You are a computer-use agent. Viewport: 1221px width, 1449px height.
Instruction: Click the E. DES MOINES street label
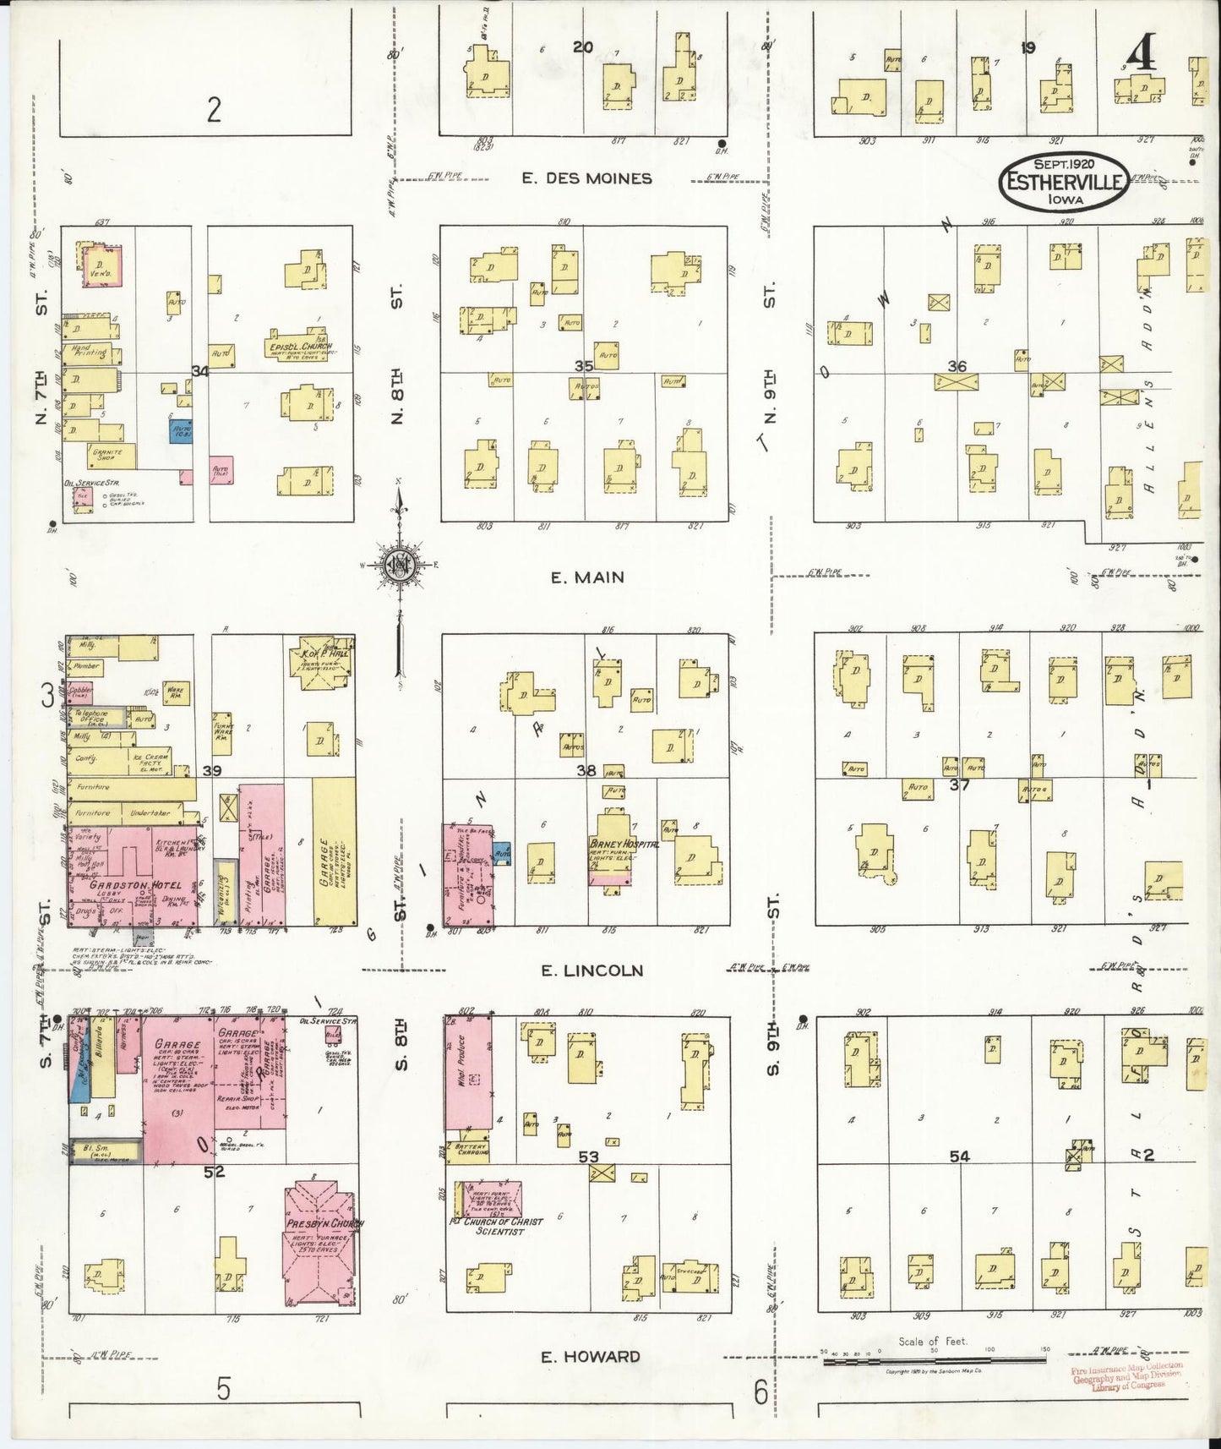[586, 178]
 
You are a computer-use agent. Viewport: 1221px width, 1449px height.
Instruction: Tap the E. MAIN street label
[586, 577]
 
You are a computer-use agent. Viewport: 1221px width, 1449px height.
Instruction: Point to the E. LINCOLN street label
[591, 971]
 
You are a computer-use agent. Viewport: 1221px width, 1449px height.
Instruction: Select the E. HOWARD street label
[590, 1358]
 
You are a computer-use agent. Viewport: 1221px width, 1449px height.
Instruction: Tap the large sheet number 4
[1140, 57]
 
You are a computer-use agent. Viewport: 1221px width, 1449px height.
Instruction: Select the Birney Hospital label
[624, 844]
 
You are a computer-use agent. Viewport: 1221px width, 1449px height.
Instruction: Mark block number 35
[583, 366]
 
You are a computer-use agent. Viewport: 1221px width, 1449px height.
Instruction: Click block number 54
[959, 1156]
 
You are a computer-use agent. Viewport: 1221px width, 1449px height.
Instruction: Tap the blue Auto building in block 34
[181, 433]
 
